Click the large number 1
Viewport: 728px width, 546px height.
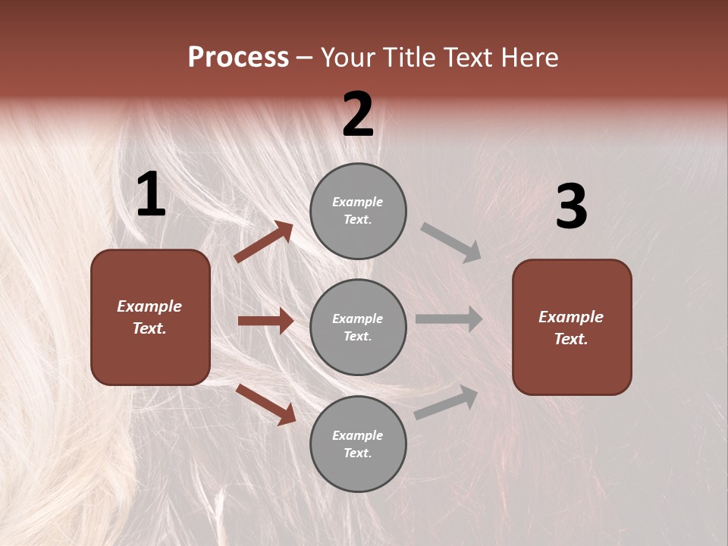[151, 195]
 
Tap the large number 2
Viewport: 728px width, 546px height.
[358, 115]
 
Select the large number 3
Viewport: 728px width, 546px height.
[571, 207]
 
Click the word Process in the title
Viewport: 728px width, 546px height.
[238, 57]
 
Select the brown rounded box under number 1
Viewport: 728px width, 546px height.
[150, 317]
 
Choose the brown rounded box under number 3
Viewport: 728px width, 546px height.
[572, 327]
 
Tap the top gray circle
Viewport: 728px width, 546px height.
[358, 210]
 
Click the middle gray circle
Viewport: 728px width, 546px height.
[358, 327]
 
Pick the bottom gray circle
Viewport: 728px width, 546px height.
[358, 444]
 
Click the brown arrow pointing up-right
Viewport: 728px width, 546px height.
[264, 242]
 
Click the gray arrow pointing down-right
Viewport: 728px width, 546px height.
[451, 242]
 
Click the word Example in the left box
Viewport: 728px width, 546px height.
[149, 306]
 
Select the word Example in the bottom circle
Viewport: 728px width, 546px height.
[358, 435]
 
